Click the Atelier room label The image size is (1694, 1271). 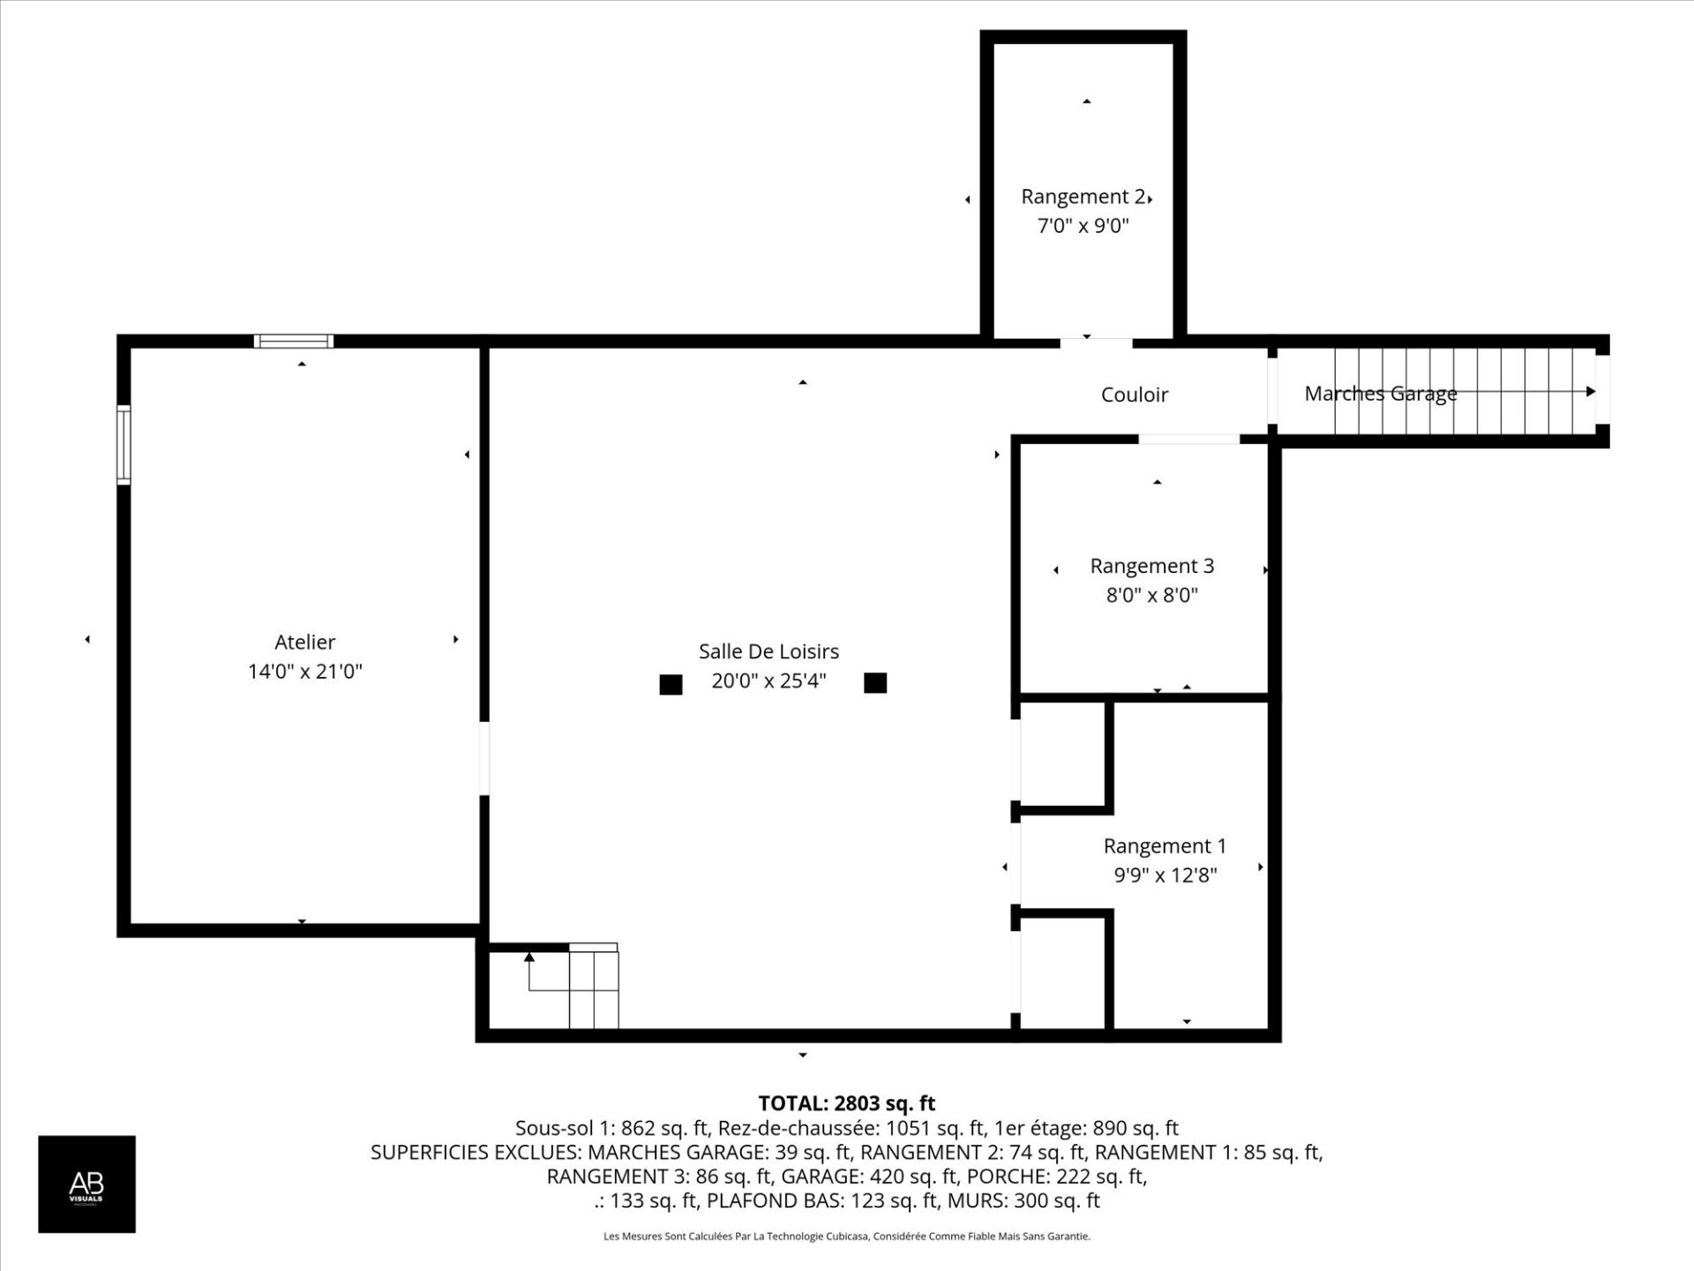tap(305, 642)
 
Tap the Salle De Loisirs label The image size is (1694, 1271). tap(768, 651)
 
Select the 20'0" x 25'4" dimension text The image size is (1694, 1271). tap(768, 681)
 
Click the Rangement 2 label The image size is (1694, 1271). tap(1083, 197)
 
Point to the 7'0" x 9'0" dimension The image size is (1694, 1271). tap(1083, 226)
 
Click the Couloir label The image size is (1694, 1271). tap(1135, 395)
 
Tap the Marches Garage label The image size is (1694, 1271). tap(1381, 394)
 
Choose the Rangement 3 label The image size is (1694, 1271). tap(1152, 566)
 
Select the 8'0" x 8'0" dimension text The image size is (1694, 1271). tap(1152, 595)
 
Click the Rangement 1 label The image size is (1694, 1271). tap(1165, 846)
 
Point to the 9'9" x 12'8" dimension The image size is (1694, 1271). tap(1165, 875)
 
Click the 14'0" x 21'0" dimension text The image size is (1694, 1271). tap(305, 671)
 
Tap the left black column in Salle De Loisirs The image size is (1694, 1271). tap(671, 684)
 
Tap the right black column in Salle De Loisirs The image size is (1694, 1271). tap(875, 682)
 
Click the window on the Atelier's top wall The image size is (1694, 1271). tap(294, 342)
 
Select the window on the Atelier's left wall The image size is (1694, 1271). tap(124, 445)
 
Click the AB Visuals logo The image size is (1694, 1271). tap(86, 1184)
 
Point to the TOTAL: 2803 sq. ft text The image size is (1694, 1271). tap(847, 1103)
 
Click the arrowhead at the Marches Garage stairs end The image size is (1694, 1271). tap(1591, 391)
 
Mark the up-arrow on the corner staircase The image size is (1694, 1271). tap(529, 957)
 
